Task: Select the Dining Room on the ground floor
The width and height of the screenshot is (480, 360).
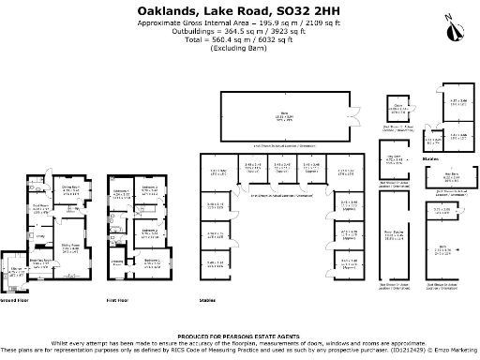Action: [70, 188]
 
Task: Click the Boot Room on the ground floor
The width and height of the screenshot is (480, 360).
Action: [40, 206]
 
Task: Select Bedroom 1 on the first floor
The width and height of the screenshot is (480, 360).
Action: [152, 262]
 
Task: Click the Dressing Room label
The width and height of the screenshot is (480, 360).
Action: [116, 262]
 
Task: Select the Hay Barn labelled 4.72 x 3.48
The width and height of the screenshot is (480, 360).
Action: [394, 159]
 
